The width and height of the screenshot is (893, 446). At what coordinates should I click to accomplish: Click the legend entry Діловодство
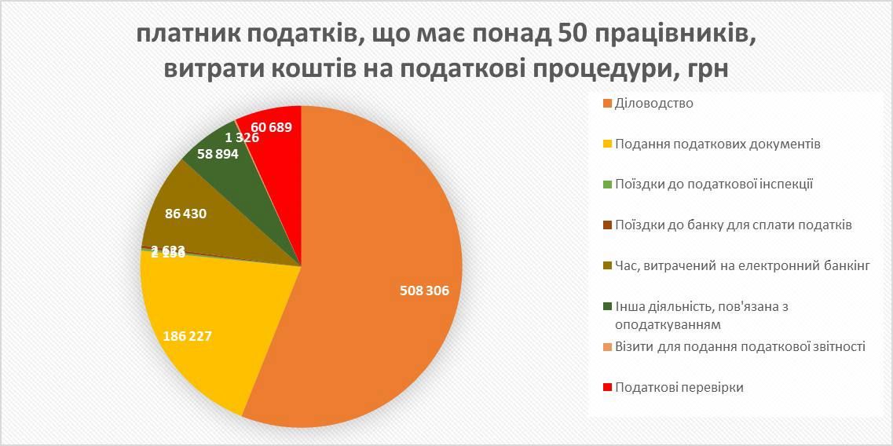click(654, 103)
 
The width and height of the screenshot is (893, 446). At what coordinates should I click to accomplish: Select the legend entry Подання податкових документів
click(718, 144)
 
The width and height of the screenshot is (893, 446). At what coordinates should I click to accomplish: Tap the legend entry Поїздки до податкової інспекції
click(713, 185)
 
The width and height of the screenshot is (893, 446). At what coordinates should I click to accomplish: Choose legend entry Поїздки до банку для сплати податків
click(734, 225)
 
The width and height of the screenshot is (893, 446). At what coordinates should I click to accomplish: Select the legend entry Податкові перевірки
click(679, 387)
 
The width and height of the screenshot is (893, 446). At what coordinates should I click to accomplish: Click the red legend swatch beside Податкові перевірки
click(608, 388)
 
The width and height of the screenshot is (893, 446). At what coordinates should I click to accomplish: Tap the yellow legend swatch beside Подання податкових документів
click(608, 144)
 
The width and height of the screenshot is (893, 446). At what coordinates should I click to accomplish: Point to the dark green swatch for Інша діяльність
click(608, 307)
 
